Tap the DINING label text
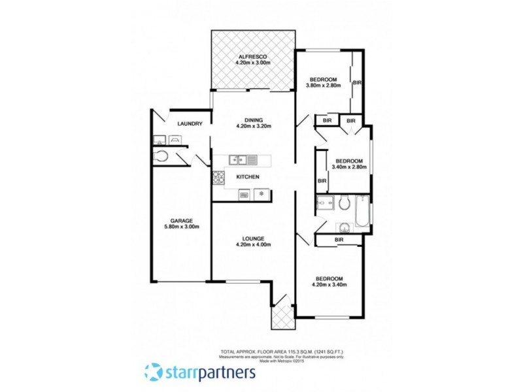(254, 120)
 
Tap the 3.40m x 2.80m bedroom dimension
(350, 167)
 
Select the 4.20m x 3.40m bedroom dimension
(329, 284)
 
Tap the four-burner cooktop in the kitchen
(217, 176)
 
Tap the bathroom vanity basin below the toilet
(344, 227)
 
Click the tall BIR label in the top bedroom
(358, 83)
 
